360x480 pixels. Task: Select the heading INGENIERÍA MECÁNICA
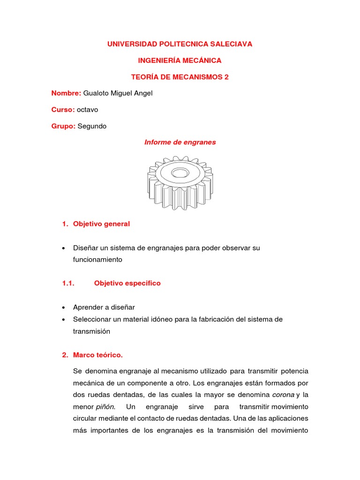[180, 60]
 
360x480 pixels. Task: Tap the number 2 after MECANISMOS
[226, 77]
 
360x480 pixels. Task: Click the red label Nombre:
[66, 93]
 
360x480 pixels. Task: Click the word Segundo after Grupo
[92, 126]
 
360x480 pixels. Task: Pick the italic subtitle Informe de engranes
[180, 142]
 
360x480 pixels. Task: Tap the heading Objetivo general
[101, 224]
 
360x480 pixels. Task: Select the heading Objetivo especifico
[127, 283]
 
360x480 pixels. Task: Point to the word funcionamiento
[97, 259]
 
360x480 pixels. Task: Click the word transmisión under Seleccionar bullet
[91, 331]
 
